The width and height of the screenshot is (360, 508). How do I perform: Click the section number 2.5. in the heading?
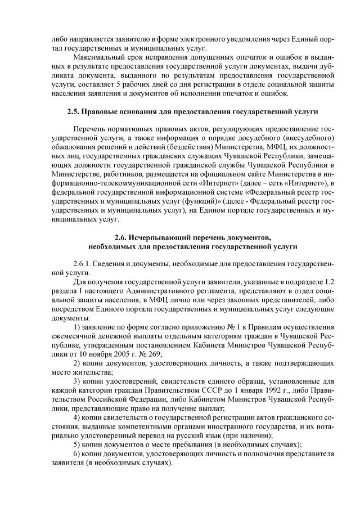point(73,112)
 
